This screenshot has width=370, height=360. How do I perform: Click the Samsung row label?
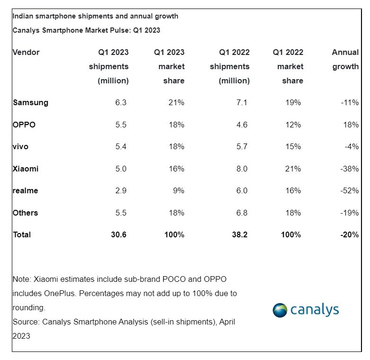30,103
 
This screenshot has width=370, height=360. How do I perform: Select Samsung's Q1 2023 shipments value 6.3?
121,103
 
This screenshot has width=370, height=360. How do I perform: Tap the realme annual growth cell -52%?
350,191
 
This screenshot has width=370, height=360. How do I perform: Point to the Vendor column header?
26,53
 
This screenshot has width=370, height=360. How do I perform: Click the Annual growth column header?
345,59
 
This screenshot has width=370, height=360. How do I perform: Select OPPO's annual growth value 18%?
351,125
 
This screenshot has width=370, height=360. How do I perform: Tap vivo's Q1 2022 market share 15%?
293,147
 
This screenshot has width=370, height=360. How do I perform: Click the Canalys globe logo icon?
280,310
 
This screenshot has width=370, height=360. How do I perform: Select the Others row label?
26,213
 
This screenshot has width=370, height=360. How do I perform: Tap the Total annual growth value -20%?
349,235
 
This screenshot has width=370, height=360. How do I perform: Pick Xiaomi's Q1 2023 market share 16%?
176,169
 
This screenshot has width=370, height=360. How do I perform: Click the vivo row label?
20,147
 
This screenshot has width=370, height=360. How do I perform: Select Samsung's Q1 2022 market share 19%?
293,103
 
